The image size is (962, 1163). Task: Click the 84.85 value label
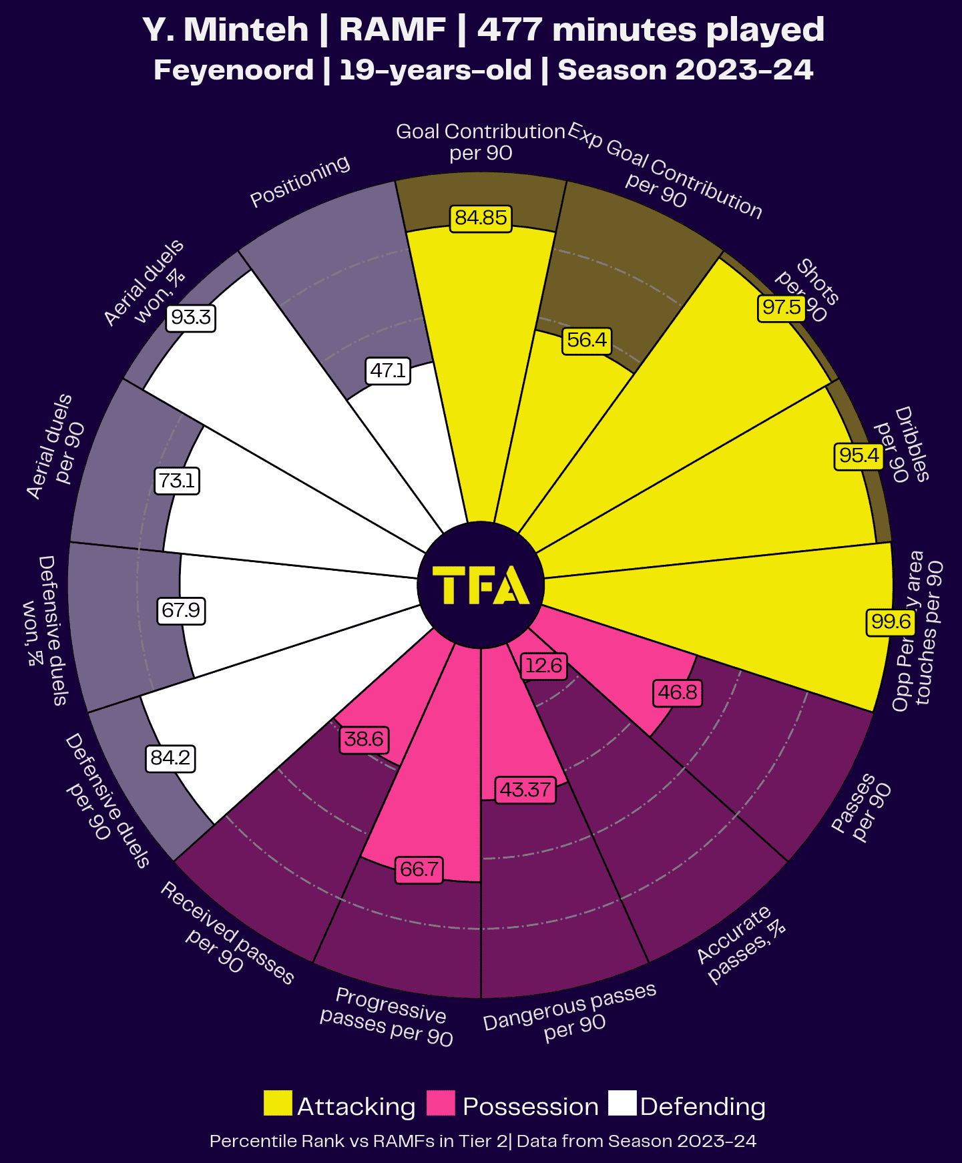pyautogui.click(x=481, y=218)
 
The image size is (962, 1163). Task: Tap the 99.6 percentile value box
pyautogui.click(x=891, y=622)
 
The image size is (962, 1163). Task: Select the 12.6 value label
pyautogui.click(x=543, y=666)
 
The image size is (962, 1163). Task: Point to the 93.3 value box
pyautogui.click(x=191, y=317)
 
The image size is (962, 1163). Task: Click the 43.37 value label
pyautogui.click(x=525, y=790)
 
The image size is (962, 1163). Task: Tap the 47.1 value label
pyautogui.click(x=388, y=371)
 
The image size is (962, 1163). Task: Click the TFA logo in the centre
pyautogui.click(x=481, y=586)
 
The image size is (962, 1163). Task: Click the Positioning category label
pyautogui.click(x=300, y=181)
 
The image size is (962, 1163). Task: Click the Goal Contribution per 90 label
pyautogui.click(x=481, y=142)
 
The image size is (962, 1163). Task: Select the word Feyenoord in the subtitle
pyautogui.click(x=234, y=70)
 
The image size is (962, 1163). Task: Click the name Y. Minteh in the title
pyautogui.click(x=226, y=30)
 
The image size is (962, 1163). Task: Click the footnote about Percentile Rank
pyautogui.click(x=483, y=1141)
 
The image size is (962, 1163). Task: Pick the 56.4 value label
pyautogui.click(x=587, y=340)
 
